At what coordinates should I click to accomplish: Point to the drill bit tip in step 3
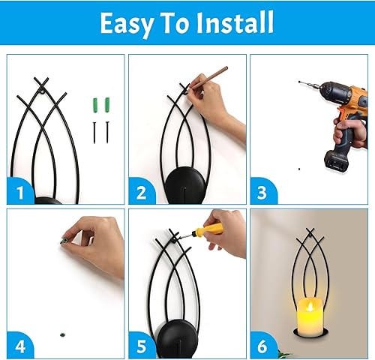click(x=299, y=82)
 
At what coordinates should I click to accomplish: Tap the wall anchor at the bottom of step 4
click(x=62, y=331)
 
